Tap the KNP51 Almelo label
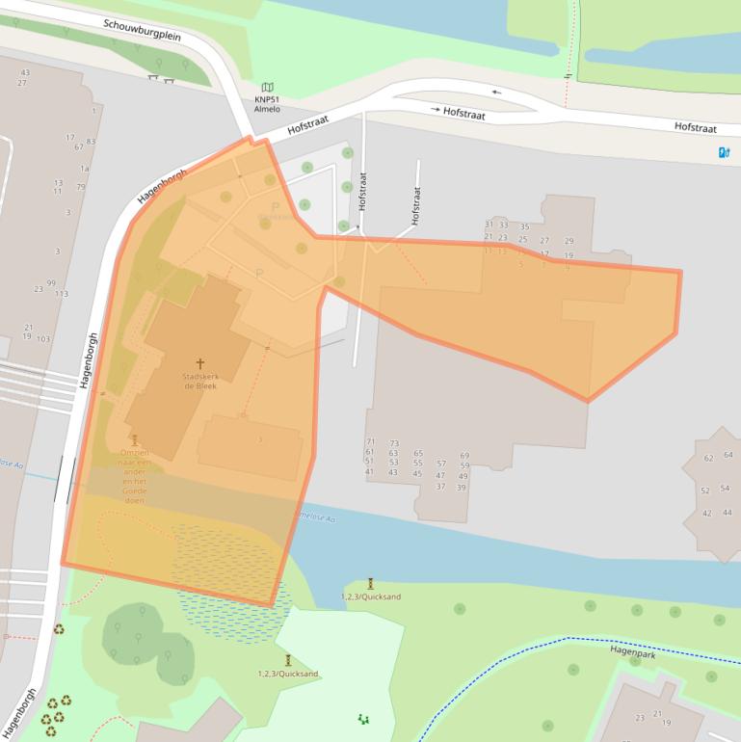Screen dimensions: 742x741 pos(267,104)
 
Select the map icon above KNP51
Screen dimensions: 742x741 pos(267,88)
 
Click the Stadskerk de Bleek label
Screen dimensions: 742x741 pos(200,381)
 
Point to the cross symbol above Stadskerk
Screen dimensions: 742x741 pos(200,363)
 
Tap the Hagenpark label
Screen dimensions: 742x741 pos(632,650)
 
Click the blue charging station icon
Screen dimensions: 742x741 pos(724,152)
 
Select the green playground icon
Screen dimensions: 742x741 pos(363,718)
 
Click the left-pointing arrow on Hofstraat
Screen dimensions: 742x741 pos(496,93)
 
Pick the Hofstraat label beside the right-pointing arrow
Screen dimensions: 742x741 pos(463,113)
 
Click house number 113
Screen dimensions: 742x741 pos(62,294)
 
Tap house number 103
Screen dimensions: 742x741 pos(43,339)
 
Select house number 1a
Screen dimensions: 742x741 pos(84,169)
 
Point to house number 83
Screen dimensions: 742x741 pos(91,142)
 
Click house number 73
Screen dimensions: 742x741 pos(394,443)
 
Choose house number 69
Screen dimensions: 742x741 pos(464,455)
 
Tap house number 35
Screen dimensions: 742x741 pos(524,227)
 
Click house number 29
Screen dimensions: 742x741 pos(569,241)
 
